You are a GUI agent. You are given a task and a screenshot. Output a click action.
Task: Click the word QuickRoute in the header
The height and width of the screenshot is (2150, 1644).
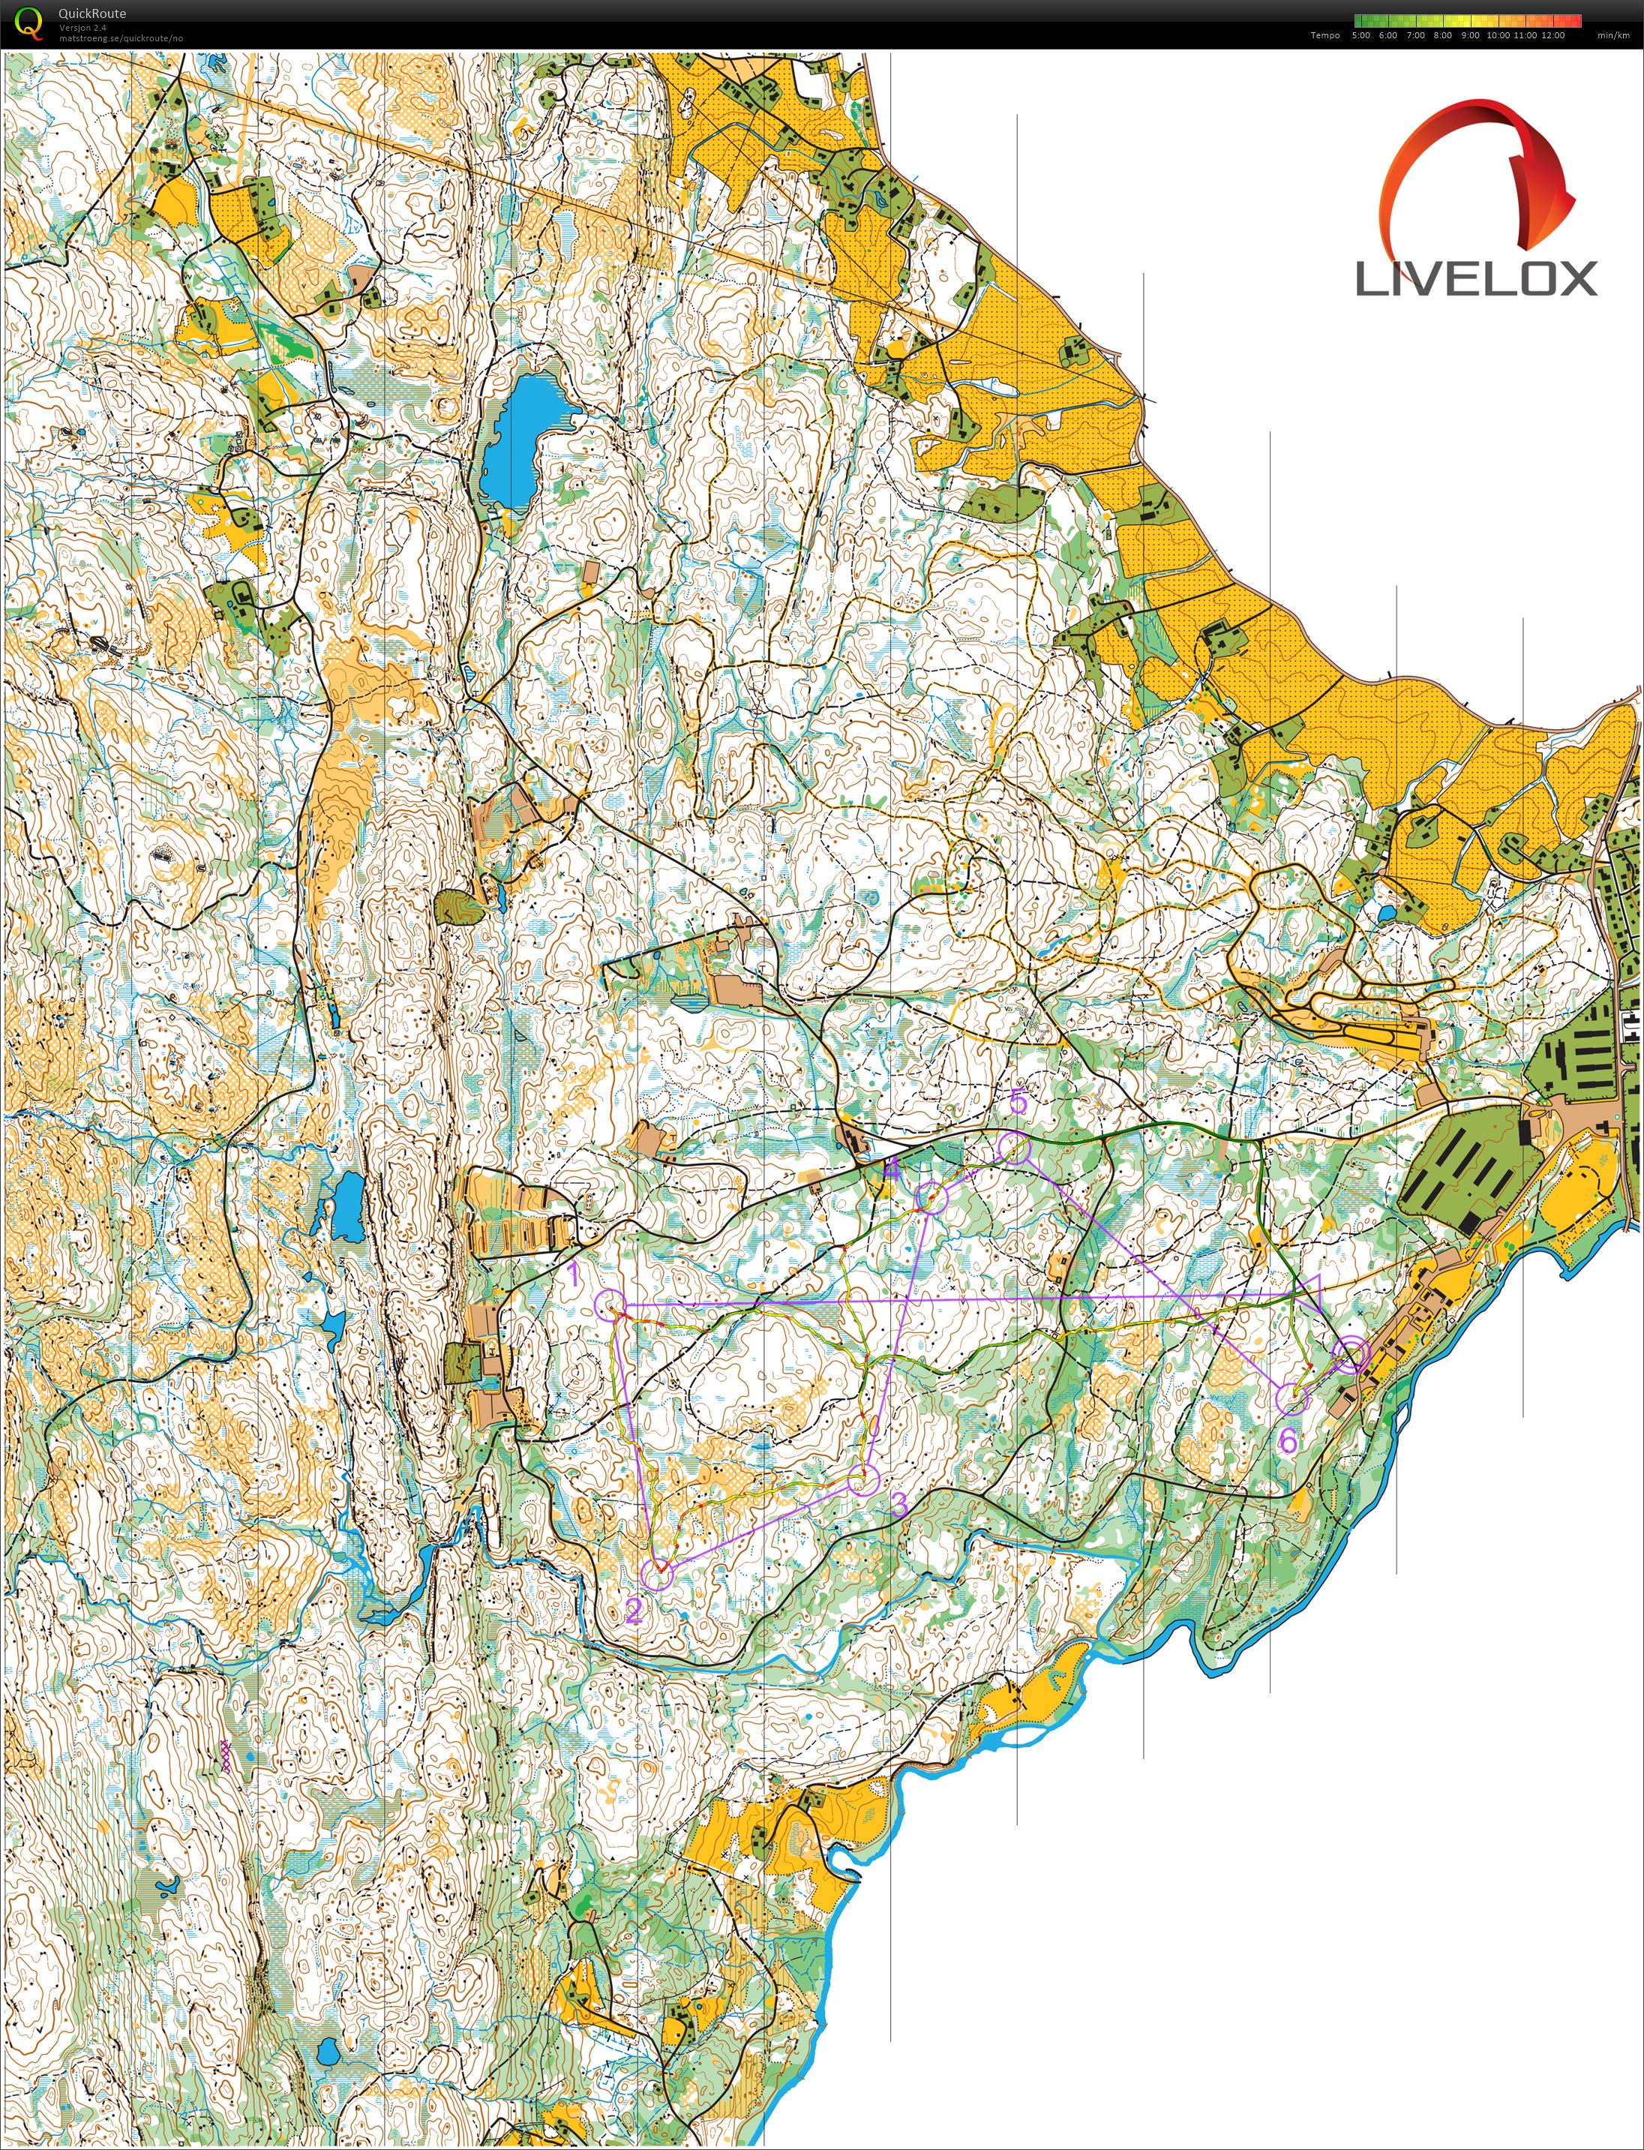pos(92,14)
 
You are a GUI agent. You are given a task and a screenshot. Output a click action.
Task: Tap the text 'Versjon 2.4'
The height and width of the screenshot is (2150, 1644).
pos(82,28)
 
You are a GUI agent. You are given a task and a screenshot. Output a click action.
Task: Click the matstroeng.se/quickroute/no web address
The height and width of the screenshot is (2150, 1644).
pos(120,38)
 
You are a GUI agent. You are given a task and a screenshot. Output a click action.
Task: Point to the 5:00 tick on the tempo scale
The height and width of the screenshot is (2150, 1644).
pos(1360,35)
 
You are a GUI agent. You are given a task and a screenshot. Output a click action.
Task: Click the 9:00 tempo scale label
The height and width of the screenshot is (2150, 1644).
pos(1470,35)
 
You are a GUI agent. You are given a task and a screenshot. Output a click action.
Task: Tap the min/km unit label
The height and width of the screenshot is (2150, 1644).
pos(1612,35)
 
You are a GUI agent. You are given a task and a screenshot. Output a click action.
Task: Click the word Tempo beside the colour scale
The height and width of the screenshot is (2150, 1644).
pos(1325,35)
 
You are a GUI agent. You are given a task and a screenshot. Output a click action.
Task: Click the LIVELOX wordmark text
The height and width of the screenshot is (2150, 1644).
pos(1476,279)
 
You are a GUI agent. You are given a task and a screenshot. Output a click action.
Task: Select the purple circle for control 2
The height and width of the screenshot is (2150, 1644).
pos(658,1575)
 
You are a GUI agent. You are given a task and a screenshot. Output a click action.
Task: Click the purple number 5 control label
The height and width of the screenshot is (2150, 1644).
pos(1018,1102)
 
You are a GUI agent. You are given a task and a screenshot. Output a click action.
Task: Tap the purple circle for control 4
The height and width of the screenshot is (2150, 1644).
pos(931,1198)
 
